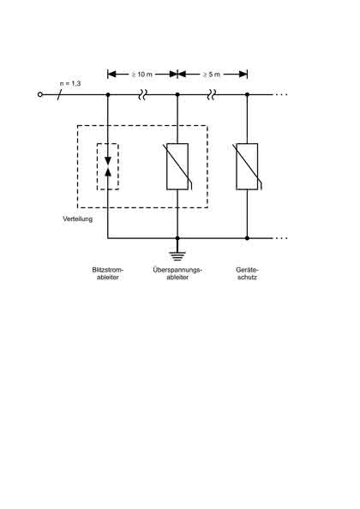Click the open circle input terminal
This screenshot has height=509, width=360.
click(40, 94)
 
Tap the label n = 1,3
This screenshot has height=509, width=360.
click(70, 84)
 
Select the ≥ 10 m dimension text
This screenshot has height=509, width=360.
click(142, 75)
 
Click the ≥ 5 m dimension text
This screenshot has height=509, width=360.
click(212, 75)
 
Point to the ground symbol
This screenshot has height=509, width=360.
click(177, 255)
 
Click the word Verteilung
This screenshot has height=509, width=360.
click(78, 219)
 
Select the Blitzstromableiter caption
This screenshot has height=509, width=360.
click(108, 273)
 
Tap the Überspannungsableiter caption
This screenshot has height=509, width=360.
click(177, 273)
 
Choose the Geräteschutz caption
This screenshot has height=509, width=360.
click(248, 273)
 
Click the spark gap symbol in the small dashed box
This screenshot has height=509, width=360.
click(108, 166)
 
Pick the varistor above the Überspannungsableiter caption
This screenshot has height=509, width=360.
click(177, 166)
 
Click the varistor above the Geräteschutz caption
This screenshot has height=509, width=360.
click(248, 166)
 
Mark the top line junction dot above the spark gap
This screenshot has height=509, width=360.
click(108, 94)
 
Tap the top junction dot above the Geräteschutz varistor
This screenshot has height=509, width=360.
click(247, 94)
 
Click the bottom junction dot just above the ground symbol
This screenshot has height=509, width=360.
click(177, 238)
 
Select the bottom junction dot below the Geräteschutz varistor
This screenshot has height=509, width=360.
click(247, 238)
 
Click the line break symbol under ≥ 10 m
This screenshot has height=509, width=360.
click(143, 95)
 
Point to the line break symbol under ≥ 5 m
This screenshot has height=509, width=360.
click(212, 95)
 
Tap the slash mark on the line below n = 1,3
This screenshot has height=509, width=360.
click(59, 95)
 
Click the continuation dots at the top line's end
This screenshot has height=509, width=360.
click(281, 94)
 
